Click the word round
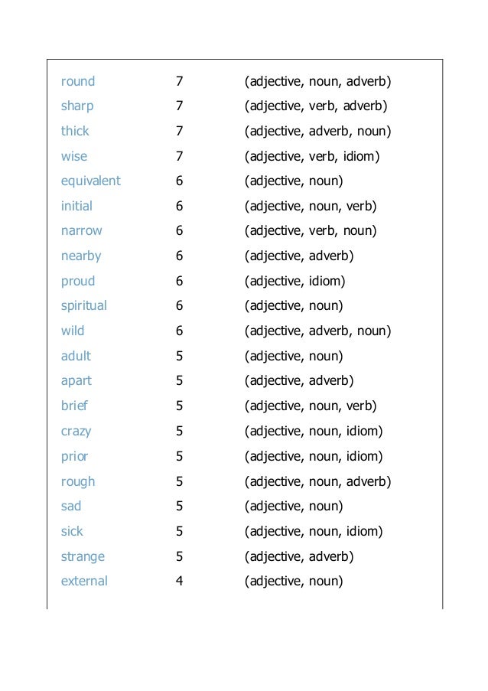pos(78,81)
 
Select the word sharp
pos(77,106)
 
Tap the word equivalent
pos(91,181)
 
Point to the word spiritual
pos(84,306)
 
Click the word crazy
pos(76,431)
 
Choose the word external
pos(84,581)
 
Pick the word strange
pos(83,556)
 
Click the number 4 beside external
pos(179,581)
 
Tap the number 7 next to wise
pos(179,156)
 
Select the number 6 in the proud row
pos(179,281)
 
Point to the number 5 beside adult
pos(179,356)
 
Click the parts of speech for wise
pos(312,157)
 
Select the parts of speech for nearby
pos(299,256)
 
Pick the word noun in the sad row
pos(325,506)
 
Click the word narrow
pos(81,231)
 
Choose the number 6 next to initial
pos(179,206)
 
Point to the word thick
pos(75,131)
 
